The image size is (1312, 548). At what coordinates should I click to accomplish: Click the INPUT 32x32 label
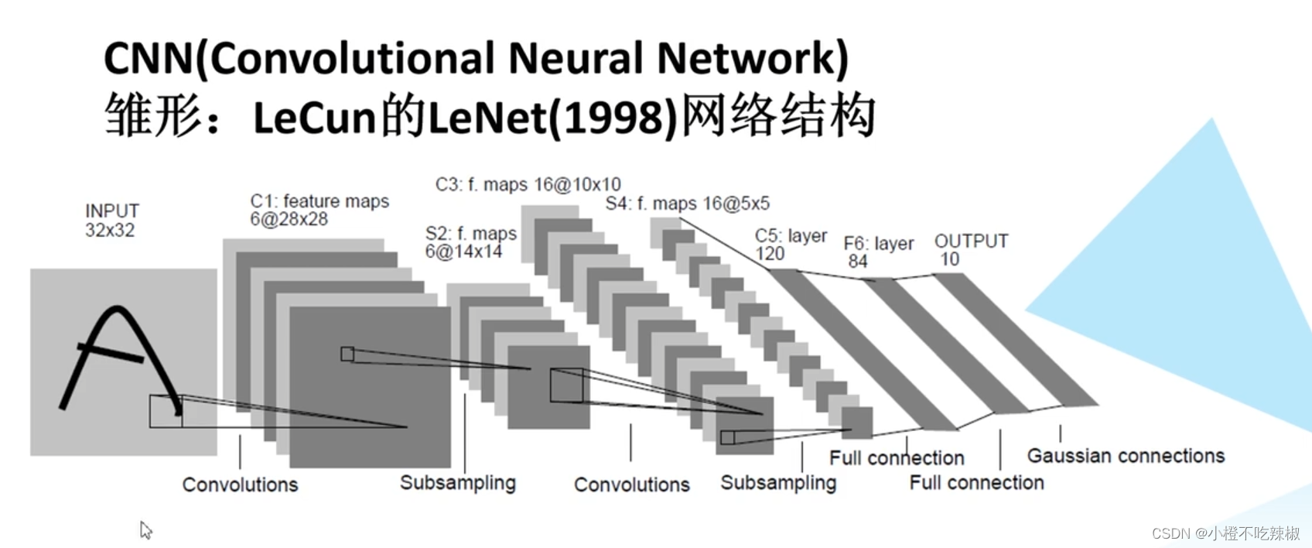[111, 221]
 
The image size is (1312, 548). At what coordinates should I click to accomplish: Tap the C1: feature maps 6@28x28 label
[319, 210]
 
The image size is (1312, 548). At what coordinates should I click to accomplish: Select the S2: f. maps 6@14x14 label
[470, 242]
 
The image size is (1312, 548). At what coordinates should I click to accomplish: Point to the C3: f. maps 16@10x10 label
[528, 184]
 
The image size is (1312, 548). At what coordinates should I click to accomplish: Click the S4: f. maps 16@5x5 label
[687, 204]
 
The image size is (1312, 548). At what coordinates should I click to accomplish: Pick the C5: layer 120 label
[790, 244]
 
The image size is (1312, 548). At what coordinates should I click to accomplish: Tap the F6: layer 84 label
[878, 252]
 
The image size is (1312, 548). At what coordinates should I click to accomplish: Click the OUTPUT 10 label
[970, 249]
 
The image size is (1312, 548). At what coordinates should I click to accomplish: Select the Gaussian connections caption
[1126, 456]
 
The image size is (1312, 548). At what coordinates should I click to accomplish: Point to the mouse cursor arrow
[145, 529]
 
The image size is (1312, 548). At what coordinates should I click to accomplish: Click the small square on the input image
[166, 411]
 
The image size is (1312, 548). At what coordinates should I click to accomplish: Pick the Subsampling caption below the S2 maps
[457, 483]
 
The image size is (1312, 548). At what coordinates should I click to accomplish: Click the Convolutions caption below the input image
[240, 485]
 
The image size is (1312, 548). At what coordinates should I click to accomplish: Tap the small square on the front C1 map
[347, 354]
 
